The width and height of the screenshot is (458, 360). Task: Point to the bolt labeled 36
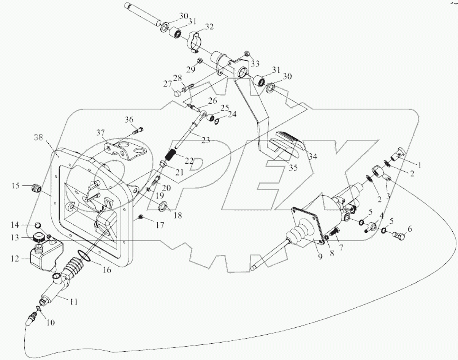coord(139,131)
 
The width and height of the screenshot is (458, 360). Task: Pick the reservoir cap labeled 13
coord(38,238)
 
